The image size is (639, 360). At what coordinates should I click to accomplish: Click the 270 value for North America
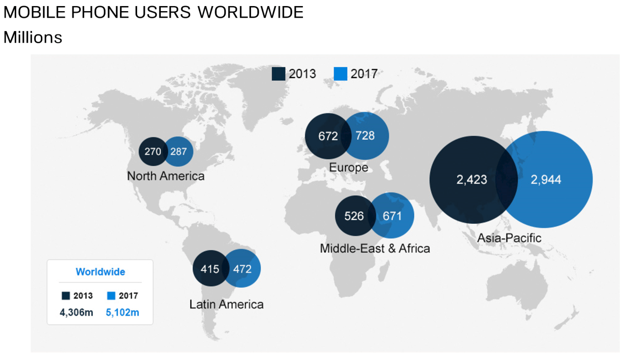click(x=152, y=151)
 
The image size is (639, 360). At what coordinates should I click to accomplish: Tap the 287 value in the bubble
click(x=178, y=151)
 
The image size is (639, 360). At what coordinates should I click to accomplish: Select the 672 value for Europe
click(x=328, y=136)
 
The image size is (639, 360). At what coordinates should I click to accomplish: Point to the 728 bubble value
click(x=365, y=136)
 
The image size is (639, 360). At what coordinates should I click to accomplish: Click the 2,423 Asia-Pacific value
click(x=472, y=180)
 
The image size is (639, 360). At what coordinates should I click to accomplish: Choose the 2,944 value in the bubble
click(x=546, y=180)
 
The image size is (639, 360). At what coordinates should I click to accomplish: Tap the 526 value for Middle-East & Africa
click(x=354, y=216)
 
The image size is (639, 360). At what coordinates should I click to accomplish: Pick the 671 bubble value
click(x=392, y=216)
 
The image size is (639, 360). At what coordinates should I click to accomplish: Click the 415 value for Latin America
click(x=210, y=269)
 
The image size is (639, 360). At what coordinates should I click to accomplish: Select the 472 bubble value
click(x=242, y=269)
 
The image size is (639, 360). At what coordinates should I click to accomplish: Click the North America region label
click(x=166, y=176)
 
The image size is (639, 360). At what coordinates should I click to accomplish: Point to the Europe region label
click(x=349, y=167)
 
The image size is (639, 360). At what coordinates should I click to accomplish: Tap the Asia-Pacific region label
click(x=509, y=238)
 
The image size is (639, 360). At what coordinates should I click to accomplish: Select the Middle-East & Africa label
click(x=375, y=249)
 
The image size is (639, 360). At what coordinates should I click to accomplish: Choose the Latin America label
click(x=226, y=304)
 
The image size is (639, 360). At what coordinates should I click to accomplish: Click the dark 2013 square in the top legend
click(x=278, y=74)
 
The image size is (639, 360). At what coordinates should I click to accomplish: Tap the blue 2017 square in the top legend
click(x=340, y=74)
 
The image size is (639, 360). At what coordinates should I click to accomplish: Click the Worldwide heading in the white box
click(x=100, y=272)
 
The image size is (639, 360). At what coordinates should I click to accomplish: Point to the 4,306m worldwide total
click(x=77, y=313)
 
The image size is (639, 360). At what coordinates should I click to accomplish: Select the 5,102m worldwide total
click(x=122, y=313)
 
